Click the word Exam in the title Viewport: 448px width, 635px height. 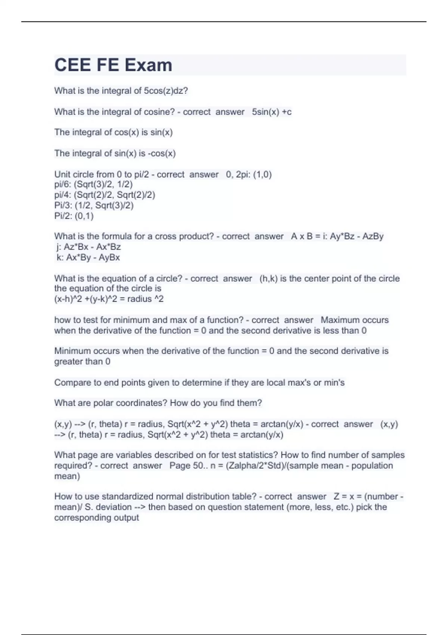pos(148,65)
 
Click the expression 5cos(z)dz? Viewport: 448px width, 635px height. pos(166,91)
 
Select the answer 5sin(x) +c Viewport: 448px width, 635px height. pos(271,112)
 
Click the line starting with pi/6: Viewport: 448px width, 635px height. pos(93,184)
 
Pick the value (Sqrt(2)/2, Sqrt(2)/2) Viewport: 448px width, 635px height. pos(115,195)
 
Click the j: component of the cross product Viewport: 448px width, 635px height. pos(88,247)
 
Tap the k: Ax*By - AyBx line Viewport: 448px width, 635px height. pos(88,257)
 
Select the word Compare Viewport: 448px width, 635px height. pos(71,382)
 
